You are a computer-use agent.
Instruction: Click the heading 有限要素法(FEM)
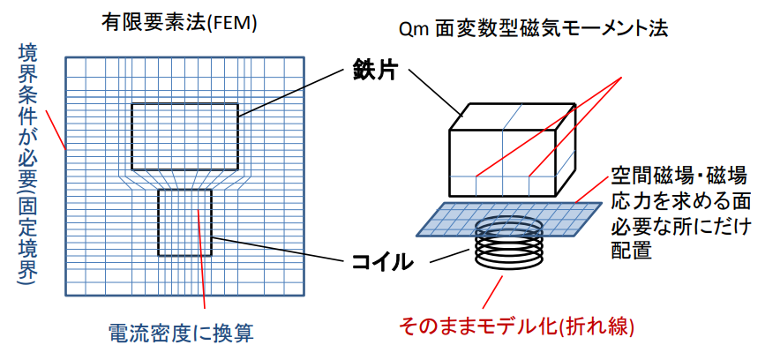tap(178, 25)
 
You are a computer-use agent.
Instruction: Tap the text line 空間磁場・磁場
tap(679, 173)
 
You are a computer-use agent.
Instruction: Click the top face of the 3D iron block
tap(507, 116)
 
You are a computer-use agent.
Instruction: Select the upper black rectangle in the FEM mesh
tap(184, 136)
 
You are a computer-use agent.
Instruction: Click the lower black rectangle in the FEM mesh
tap(184, 222)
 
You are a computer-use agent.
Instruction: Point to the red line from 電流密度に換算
tap(203, 259)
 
